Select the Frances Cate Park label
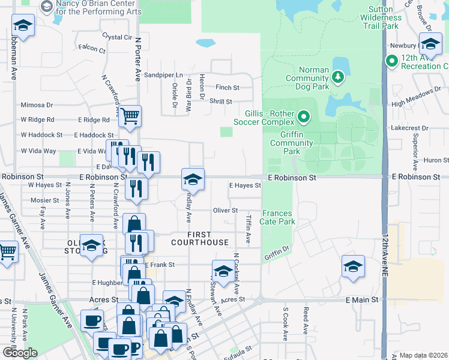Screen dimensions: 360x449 (277, 217)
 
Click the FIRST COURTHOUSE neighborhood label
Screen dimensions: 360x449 (199, 238)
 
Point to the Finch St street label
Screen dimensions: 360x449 (228, 88)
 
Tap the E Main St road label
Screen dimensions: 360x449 (362, 299)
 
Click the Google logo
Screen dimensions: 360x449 (20, 353)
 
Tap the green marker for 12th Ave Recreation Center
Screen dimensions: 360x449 (392, 61)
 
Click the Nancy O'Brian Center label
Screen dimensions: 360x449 (98, 8)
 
